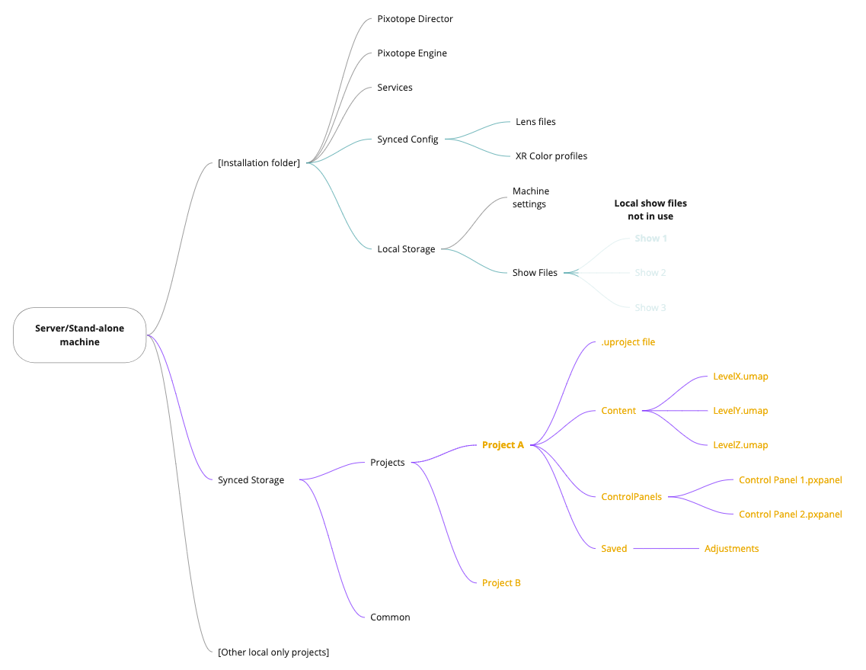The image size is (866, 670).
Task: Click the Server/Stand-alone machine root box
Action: tap(79, 335)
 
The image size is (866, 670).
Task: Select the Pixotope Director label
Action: tap(415, 19)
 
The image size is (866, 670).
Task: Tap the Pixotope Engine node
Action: tap(412, 53)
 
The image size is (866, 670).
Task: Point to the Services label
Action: tap(395, 88)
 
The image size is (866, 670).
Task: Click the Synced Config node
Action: tap(407, 139)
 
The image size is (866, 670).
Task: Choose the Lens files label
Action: tap(535, 122)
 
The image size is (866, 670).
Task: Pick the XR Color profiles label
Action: tap(551, 156)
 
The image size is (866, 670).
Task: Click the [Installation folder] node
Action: tap(259, 162)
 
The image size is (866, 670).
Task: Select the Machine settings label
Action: tap(531, 197)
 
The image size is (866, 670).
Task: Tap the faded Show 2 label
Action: tap(650, 273)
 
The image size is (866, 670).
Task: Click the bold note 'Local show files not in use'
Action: tap(650, 210)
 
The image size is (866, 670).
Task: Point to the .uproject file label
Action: tap(628, 342)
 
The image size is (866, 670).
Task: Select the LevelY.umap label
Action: tap(740, 411)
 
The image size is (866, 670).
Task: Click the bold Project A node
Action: tap(503, 445)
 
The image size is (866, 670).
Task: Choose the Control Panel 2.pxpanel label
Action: tap(791, 515)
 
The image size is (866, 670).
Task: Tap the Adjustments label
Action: tap(731, 549)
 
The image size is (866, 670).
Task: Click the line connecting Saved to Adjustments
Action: tap(666, 549)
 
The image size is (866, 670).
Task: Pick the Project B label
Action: tap(501, 583)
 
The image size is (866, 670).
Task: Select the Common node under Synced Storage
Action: tap(390, 617)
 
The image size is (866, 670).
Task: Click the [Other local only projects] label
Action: tap(273, 652)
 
